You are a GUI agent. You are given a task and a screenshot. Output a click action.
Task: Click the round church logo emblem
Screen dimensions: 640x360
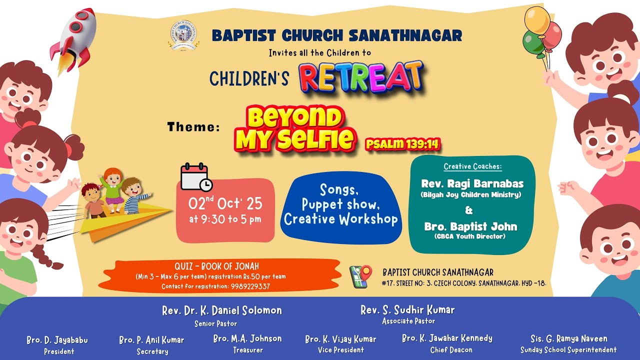(x=183, y=35)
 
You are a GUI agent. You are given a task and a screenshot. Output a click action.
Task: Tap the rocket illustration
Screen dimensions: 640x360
(x=73, y=40)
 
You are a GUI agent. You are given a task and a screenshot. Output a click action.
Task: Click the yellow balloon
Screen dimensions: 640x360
(x=537, y=20)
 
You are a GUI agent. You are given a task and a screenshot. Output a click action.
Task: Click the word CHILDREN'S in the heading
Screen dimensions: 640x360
(x=249, y=79)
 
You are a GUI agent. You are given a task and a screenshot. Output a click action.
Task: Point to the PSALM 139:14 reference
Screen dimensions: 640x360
(x=403, y=144)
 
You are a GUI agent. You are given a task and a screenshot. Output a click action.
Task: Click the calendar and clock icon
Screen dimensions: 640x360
(x=196, y=177)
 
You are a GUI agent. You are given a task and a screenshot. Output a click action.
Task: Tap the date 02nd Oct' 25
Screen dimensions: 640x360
(x=225, y=203)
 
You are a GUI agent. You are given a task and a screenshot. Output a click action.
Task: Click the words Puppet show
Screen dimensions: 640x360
(x=340, y=204)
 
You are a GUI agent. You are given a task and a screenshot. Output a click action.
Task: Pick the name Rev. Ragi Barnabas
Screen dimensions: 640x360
(x=472, y=183)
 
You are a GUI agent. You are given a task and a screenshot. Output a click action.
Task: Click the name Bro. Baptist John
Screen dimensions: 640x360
(x=470, y=226)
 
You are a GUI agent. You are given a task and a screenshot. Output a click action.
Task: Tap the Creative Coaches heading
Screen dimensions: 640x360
(x=472, y=166)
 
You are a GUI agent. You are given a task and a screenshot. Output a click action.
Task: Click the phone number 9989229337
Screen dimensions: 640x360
(x=250, y=286)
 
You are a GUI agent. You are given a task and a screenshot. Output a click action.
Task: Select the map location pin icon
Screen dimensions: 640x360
(x=360, y=276)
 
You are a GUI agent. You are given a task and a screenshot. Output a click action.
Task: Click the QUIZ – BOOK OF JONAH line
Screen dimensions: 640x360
(x=216, y=266)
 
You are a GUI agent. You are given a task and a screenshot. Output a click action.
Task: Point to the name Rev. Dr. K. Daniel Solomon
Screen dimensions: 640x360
(x=222, y=310)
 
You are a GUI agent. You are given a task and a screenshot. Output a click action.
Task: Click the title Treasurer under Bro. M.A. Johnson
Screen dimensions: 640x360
(x=248, y=350)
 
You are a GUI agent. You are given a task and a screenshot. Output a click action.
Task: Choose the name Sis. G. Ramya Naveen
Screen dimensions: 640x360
(x=569, y=339)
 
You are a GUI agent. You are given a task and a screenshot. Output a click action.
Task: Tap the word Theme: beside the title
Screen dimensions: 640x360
(x=193, y=127)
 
